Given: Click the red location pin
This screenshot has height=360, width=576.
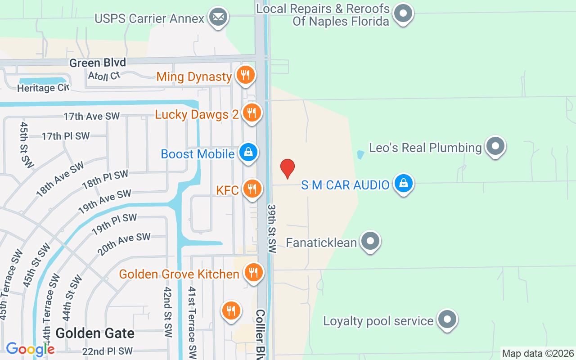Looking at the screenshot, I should pyautogui.click(x=287, y=168).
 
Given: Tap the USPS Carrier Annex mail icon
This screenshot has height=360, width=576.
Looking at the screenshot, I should pyautogui.click(x=219, y=18).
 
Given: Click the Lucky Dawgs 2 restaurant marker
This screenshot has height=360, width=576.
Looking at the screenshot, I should pyautogui.click(x=252, y=113).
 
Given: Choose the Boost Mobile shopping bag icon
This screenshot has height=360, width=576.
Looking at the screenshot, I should pyautogui.click(x=248, y=153).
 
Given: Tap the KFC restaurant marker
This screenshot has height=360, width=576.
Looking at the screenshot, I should pyautogui.click(x=252, y=189).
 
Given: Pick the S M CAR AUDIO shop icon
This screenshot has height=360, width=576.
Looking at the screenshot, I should pyautogui.click(x=404, y=184).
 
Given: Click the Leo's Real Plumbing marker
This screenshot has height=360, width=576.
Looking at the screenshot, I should pyautogui.click(x=495, y=146).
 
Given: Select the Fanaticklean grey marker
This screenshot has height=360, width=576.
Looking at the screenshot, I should pyautogui.click(x=370, y=241).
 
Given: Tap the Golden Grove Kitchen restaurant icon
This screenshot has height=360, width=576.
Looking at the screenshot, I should pyautogui.click(x=254, y=273).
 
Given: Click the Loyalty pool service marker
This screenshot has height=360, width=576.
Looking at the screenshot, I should pyautogui.click(x=447, y=319).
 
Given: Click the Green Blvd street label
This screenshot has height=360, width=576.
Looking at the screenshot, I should pyautogui.click(x=98, y=63).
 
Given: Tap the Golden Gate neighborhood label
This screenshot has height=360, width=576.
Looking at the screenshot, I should pyautogui.click(x=95, y=333).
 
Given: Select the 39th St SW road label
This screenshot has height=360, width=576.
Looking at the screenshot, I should pyautogui.click(x=271, y=229).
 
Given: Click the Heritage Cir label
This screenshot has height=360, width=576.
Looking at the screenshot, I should pyautogui.click(x=43, y=88).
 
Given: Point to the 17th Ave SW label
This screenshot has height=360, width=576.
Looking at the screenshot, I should pyautogui.click(x=92, y=117).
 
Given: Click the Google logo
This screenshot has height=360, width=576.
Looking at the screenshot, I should pyautogui.click(x=30, y=349).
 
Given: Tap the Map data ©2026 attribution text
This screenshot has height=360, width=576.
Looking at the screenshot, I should pyautogui.click(x=538, y=354).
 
